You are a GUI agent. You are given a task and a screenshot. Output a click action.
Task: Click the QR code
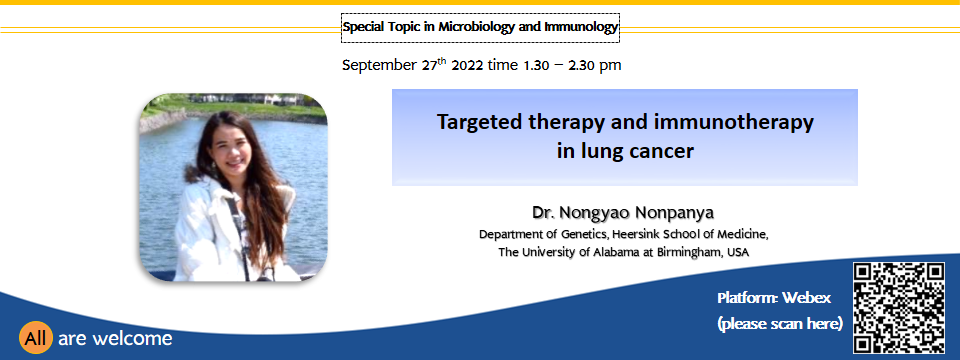click(x=899, y=308)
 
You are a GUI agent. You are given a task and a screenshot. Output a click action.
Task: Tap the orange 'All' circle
click(x=36, y=338)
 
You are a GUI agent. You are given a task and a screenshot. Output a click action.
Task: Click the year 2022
click(x=467, y=65)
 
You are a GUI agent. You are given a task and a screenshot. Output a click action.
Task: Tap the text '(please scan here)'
click(x=780, y=323)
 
